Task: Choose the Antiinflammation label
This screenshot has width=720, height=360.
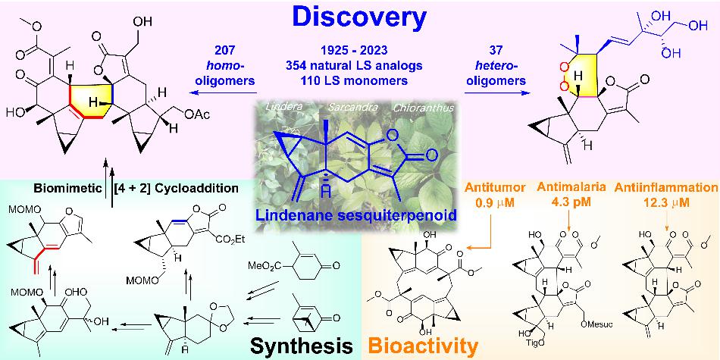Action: [665, 187]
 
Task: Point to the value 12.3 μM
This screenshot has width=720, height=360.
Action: [665, 202]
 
